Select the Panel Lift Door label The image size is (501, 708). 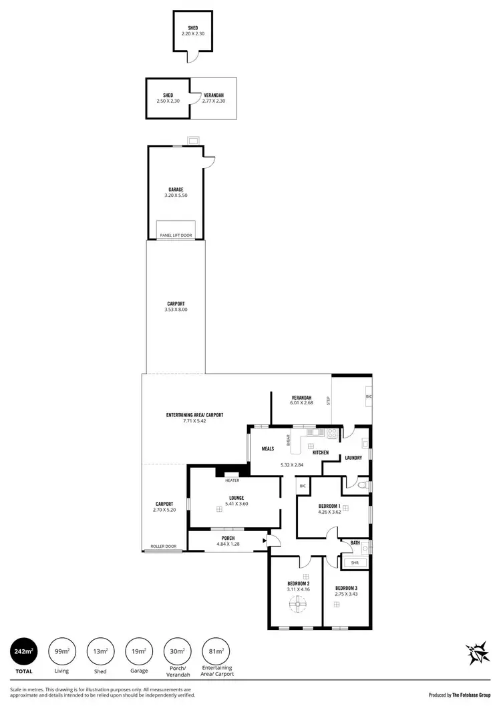click(176, 235)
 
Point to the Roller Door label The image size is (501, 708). click(163, 546)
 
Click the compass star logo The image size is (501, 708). click(478, 653)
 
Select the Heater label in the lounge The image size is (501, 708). click(232, 480)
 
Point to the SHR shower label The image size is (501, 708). click(354, 563)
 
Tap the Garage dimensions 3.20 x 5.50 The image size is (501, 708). click(176, 196)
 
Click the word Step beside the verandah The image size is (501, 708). click(328, 401)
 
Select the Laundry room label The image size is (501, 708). click(353, 457)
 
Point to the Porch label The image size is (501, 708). click(228, 539)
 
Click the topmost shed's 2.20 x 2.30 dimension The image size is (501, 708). click(192, 33)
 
